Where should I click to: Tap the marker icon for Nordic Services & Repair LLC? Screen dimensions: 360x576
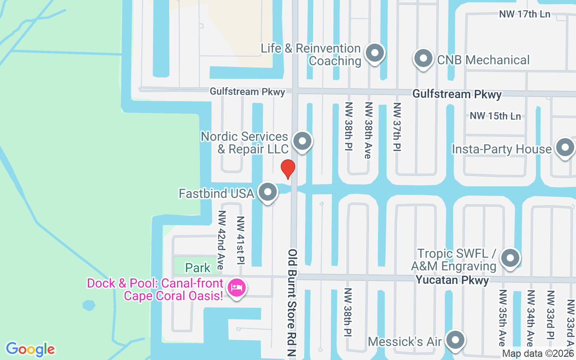point(302,141)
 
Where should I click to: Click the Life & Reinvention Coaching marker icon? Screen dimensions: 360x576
point(374,53)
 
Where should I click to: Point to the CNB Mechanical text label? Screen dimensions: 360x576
point(483,60)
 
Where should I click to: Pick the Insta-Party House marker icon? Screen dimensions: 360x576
point(564,148)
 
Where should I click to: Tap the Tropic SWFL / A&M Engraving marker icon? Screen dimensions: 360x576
point(510,258)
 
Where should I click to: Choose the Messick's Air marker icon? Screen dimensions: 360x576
point(455,340)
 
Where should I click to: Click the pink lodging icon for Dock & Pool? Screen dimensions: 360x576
point(236,288)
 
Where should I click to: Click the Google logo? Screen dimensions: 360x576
point(31,349)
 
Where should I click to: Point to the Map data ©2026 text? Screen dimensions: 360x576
point(538,354)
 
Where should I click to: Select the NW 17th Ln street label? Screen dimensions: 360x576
point(525,14)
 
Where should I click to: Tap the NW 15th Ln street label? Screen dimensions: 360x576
point(495,116)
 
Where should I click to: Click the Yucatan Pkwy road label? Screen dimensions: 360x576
point(452,280)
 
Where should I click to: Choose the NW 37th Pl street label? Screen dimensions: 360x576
point(397,127)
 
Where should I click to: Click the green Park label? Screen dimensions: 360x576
point(198,268)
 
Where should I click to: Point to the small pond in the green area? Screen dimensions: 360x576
point(89,306)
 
